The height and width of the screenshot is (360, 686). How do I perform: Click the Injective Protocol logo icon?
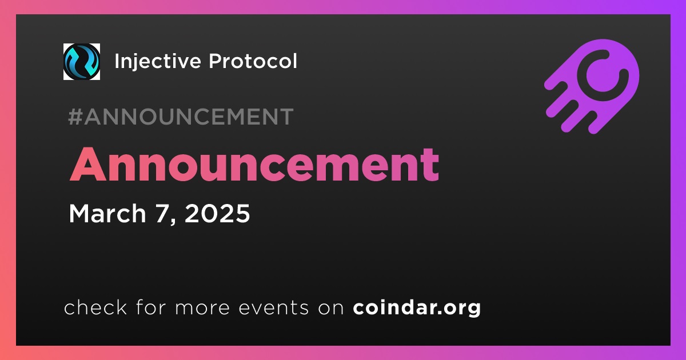tap(81, 62)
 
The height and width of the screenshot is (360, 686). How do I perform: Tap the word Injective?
tap(157, 62)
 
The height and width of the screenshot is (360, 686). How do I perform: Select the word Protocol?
tap(253, 61)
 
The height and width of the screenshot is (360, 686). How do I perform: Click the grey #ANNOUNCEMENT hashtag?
tap(181, 117)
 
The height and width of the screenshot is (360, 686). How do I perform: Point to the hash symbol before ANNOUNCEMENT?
tap(75, 117)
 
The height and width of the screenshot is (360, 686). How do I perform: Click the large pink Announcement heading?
tap(254, 165)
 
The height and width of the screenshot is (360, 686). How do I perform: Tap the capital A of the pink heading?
tap(88, 165)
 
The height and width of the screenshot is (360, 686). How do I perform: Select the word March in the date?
tap(107, 213)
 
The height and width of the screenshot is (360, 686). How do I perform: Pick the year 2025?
tap(217, 213)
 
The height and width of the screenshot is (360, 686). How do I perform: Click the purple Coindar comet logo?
tap(592, 87)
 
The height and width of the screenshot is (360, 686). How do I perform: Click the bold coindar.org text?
tap(417, 307)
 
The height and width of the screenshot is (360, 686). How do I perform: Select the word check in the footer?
tap(95, 307)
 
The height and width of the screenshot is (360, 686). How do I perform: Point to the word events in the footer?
tap(273, 307)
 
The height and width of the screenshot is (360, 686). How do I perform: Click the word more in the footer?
tap(202, 308)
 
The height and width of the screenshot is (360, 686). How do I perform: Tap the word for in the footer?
tap(151, 307)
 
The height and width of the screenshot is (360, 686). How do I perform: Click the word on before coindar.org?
tap(331, 308)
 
